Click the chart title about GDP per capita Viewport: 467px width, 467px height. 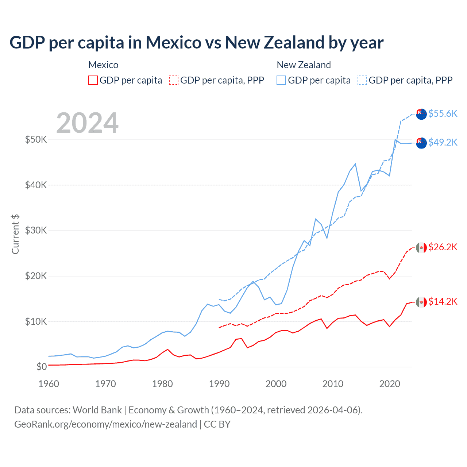(x=196, y=43)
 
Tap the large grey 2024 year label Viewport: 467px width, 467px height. (x=87, y=123)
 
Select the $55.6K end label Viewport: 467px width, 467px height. (x=443, y=113)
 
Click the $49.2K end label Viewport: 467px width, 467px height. (x=443, y=142)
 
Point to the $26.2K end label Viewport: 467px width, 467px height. (x=443, y=247)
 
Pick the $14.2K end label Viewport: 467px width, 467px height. (x=443, y=301)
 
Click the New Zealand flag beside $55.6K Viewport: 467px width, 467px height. (x=421, y=114)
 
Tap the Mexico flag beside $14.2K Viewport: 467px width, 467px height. (x=421, y=302)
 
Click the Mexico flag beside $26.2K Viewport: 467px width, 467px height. (x=421, y=248)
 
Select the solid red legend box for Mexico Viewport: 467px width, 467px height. (x=93, y=80)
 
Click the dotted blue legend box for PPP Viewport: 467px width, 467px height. (x=362, y=80)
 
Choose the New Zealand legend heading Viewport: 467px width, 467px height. (x=304, y=65)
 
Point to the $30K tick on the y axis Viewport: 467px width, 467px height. (x=36, y=230)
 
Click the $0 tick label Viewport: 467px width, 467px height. (x=42, y=367)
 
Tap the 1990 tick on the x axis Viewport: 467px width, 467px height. (x=219, y=384)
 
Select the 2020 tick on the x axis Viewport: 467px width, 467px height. (x=390, y=384)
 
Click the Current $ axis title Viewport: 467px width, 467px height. (x=15, y=234)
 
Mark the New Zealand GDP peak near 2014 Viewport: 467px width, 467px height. (x=355, y=164)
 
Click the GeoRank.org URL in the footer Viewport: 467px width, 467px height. (x=105, y=424)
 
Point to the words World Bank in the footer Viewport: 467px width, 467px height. (x=97, y=410)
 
